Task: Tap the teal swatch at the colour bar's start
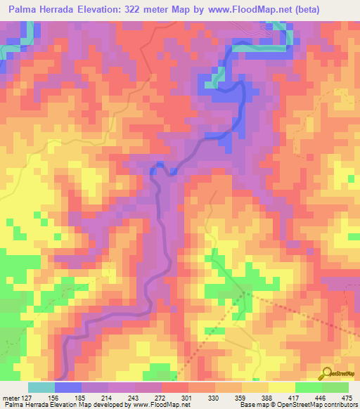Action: [x=41, y=387]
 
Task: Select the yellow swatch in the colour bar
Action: [x=281, y=387]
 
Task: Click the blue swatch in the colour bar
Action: [x=68, y=387]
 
